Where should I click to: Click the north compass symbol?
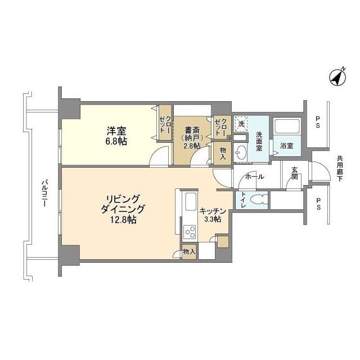337,78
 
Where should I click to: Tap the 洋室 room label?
116,131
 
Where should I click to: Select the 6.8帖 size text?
116,141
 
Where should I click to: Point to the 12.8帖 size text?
123,220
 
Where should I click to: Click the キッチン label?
213,211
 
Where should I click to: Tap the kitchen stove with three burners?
190,232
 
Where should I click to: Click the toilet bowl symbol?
259,200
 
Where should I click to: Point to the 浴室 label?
287,146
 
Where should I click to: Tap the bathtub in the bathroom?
287,126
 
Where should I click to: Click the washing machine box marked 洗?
241,124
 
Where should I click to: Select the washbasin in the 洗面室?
240,152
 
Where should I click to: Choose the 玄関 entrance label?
295,173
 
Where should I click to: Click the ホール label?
255,177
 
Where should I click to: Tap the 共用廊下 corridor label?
340,169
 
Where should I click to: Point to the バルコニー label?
44,193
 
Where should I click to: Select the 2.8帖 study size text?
192,146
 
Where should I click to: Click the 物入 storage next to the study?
223,154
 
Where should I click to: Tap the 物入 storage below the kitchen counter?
190,252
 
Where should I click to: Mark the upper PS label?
318,122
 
